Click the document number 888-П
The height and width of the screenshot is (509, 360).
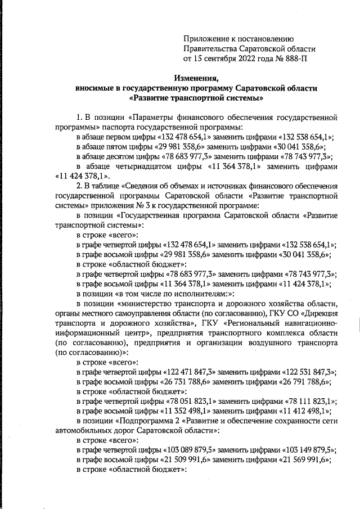click(293, 58)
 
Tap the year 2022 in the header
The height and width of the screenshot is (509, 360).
click(246, 58)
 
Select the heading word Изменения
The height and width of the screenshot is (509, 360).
click(196, 78)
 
